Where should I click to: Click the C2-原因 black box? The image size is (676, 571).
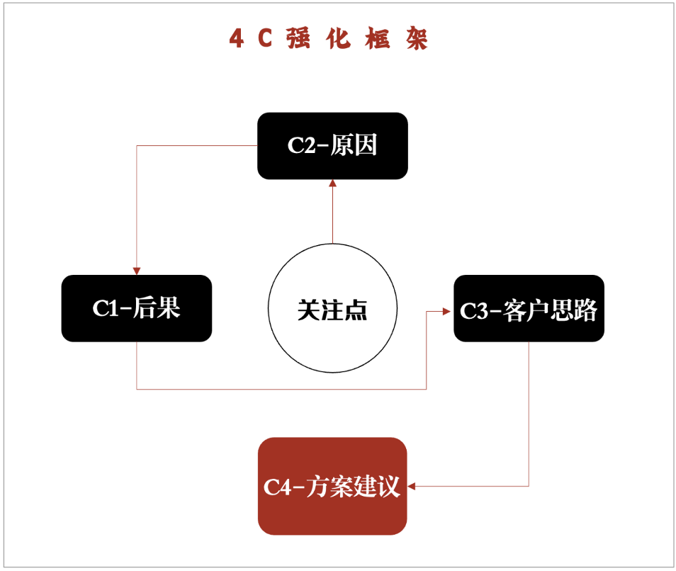click(332, 145)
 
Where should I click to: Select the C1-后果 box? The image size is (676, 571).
click(137, 308)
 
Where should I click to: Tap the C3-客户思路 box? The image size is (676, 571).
click(529, 309)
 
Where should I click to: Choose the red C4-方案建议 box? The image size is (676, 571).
click(332, 486)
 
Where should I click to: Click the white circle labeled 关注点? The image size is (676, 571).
click(332, 310)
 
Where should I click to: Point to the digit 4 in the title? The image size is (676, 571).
click(237, 39)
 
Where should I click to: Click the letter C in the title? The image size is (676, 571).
click(265, 39)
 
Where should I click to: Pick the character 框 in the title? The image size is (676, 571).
click(378, 39)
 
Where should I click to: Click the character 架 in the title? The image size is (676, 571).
click(417, 39)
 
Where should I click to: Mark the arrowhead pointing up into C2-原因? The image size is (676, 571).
click(332, 183)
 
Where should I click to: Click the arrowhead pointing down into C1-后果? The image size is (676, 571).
click(137, 271)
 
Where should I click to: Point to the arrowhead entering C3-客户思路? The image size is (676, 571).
click(449, 310)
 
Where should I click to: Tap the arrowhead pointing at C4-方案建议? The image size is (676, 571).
click(412, 486)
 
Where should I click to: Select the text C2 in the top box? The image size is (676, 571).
click(301, 145)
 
